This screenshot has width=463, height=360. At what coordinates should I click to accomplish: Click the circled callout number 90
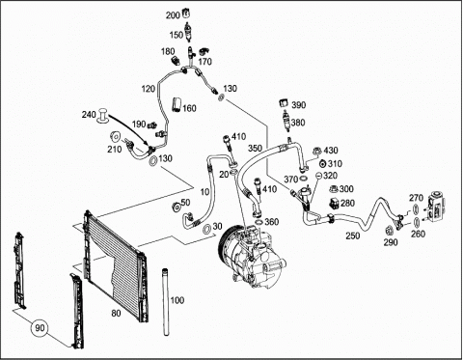click(x=40, y=328)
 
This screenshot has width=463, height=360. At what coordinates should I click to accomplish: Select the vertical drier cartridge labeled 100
click(x=166, y=302)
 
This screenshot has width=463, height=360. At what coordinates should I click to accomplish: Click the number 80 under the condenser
click(x=116, y=313)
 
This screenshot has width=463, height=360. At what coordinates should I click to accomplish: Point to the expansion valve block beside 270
click(x=437, y=208)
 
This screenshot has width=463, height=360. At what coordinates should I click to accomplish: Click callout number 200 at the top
click(x=173, y=15)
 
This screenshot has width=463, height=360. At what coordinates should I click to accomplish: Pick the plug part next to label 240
click(x=102, y=116)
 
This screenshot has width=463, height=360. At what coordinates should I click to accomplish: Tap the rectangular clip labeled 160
click(x=177, y=104)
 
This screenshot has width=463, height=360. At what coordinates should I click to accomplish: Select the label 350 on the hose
click(x=255, y=149)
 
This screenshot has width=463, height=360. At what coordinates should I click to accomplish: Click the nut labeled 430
click(x=316, y=152)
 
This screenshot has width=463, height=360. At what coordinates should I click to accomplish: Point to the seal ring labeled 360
click(x=259, y=222)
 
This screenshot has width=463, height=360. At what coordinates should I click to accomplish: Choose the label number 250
click(x=353, y=235)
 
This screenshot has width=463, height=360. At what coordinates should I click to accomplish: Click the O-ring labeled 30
click(x=206, y=229)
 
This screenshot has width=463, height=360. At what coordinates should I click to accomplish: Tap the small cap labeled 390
click(x=284, y=103)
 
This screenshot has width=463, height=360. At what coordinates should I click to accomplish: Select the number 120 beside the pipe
click(x=149, y=89)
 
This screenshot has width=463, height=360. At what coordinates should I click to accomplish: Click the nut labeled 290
click(x=389, y=232)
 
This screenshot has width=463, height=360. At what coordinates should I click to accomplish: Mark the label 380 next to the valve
click(x=297, y=123)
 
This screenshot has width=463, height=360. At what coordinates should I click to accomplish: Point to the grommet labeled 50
click(x=176, y=207)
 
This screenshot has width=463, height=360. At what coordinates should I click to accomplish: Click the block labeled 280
click(x=335, y=204)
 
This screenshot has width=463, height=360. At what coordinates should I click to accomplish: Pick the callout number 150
click(x=177, y=35)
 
